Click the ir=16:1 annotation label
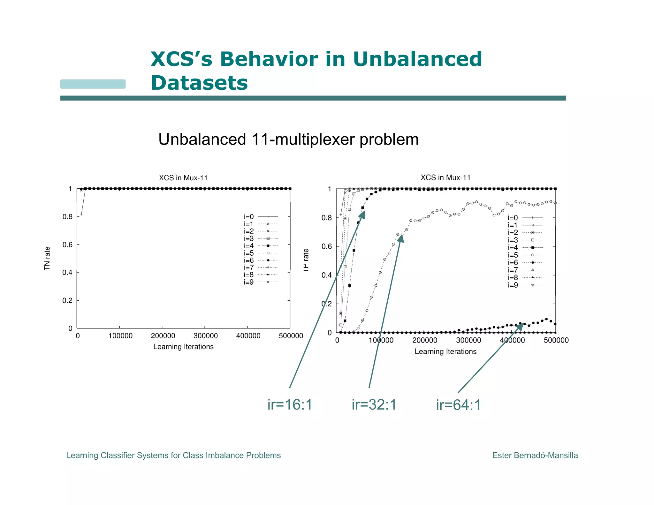(x=290, y=405)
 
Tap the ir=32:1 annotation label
(x=374, y=405)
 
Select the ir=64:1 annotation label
(x=458, y=405)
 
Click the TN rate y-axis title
(x=47, y=258)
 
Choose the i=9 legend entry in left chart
(x=260, y=282)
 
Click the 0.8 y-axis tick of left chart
(x=67, y=217)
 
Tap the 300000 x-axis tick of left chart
(x=205, y=336)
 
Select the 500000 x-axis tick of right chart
(x=556, y=340)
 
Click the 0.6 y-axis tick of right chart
(x=326, y=246)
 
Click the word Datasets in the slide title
(x=199, y=83)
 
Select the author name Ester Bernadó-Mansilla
(x=535, y=455)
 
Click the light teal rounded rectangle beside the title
(x=93, y=84)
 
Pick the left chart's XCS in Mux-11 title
(x=183, y=178)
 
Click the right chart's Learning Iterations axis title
(x=445, y=351)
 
